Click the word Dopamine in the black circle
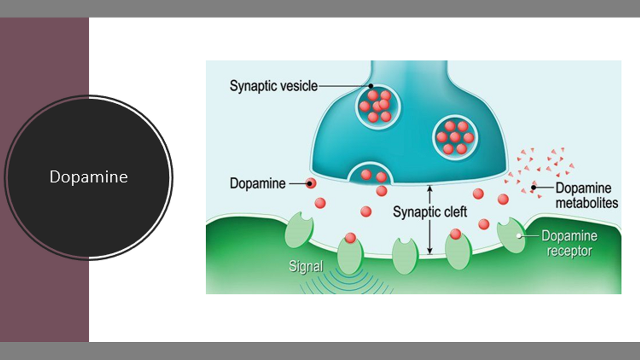88,176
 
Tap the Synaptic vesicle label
273,85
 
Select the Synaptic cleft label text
429,211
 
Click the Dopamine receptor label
569,243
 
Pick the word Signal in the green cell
305,266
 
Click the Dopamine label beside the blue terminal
257,183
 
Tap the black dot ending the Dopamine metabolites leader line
533,188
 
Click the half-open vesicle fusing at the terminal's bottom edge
373,173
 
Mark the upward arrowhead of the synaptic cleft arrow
429,188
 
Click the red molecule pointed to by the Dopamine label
311,183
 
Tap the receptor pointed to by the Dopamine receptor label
510,235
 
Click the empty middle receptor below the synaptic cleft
404,255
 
